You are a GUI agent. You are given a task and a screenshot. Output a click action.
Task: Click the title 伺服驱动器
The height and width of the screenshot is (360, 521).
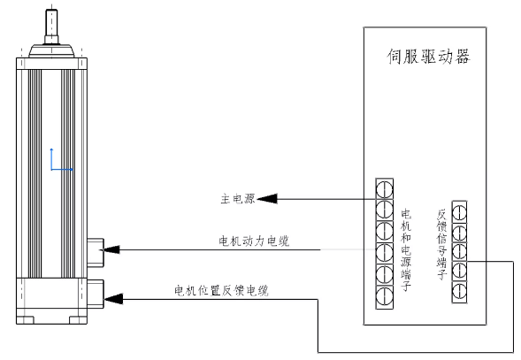tap(428, 57)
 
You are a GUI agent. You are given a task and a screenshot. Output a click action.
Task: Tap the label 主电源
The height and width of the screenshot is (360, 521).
tap(238, 199)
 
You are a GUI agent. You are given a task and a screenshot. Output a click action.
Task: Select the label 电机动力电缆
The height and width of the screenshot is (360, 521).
tap(254, 241)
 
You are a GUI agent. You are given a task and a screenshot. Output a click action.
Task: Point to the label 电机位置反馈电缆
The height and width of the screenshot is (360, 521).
tap(222, 290)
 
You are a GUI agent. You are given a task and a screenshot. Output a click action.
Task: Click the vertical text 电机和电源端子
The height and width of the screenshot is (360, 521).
tap(406, 250)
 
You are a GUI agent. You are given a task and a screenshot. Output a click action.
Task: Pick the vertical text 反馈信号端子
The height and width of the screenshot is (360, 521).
tap(441, 244)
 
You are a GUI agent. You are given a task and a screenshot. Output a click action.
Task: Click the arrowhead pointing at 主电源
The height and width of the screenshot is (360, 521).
tap(267, 199)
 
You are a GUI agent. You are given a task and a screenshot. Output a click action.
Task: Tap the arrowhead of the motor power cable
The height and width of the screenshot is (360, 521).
tap(111, 249)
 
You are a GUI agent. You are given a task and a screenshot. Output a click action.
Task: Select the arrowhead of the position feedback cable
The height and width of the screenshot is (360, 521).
tap(113, 299)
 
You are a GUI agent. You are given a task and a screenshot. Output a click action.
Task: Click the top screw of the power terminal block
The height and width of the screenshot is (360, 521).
tap(385, 189)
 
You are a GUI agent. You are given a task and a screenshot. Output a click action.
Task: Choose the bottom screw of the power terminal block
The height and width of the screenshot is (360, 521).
tap(385, 295)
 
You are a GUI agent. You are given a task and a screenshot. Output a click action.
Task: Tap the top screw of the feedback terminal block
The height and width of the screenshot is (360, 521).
tap(459, 213)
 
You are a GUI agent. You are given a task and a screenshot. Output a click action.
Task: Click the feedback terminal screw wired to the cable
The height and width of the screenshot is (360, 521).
tap(459, 271)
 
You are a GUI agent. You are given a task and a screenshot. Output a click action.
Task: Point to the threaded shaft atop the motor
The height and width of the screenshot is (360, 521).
tap(51, 27)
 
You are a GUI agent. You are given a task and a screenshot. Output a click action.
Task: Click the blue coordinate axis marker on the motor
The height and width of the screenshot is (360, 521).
tap(61, 160)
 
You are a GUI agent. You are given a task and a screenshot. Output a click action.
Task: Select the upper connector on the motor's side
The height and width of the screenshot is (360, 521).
tap(96, 252)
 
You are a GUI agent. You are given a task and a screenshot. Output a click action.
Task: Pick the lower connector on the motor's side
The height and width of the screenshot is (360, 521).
tap(96, 294)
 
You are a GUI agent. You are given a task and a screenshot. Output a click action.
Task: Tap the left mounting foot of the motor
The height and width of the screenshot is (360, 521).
tap(26, 320)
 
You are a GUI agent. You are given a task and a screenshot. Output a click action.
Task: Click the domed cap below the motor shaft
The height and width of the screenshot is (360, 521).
tap(51, 50)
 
